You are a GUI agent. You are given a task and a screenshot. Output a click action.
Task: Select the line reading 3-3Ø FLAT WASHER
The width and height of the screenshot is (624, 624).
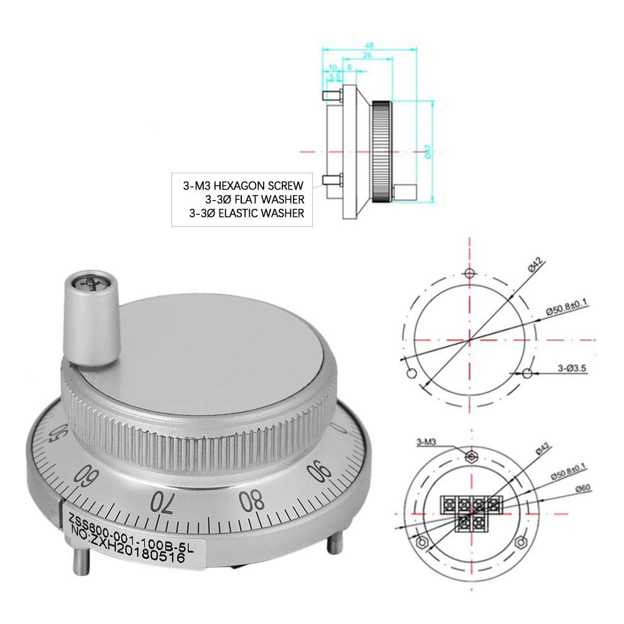tap(254, 199)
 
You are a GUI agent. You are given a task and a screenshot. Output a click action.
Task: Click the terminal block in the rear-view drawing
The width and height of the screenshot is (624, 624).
tap(471, 508)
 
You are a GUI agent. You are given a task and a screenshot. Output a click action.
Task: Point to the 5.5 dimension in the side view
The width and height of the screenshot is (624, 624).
tap(335, 77)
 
